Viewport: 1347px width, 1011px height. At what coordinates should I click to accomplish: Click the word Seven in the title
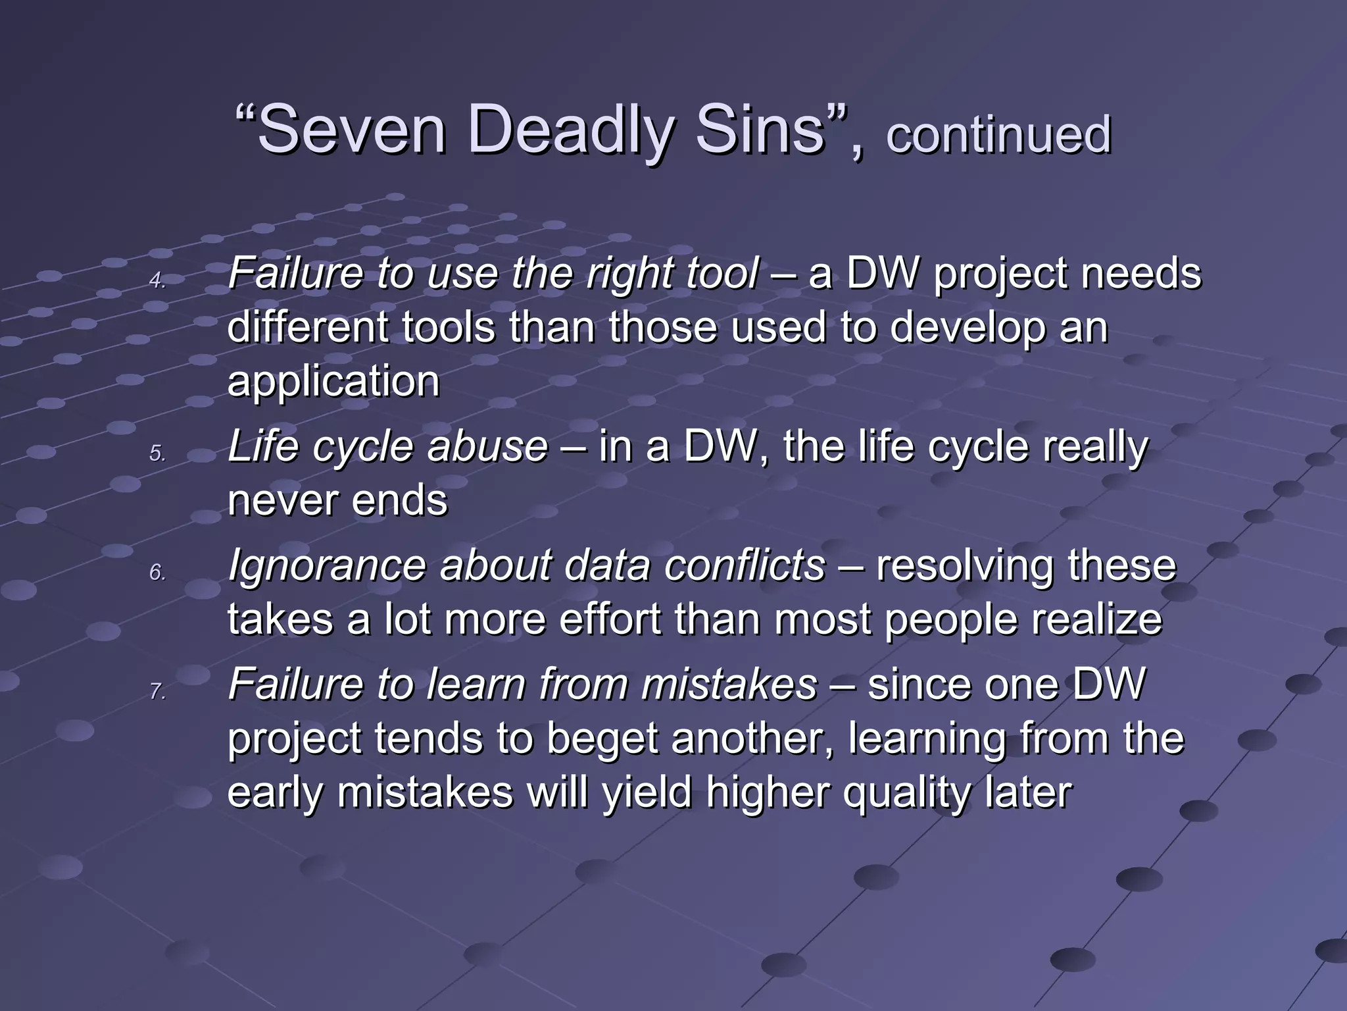(x=351, y=130)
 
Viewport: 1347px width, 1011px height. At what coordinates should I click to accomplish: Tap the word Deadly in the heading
(x=570, y=130)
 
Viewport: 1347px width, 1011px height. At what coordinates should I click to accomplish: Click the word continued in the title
(x=998, y=134)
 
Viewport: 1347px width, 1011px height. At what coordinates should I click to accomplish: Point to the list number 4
(x=157, y=281)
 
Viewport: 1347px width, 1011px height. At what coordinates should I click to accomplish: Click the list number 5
(x=157, y=454)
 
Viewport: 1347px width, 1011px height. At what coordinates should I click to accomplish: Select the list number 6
(x=157, y=573)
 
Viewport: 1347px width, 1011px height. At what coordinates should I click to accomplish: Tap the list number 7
(x=157, y=692)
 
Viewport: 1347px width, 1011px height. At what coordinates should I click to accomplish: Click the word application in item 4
(x=333, y=382)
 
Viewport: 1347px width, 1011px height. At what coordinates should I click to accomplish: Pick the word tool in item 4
(x=722, y=273)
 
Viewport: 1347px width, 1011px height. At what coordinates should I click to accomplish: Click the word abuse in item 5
(x=487, y=446)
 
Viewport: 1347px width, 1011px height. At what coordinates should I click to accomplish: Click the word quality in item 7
(x=906, y=792)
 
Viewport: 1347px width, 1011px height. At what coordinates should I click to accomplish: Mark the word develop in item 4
(x=967, y=328)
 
